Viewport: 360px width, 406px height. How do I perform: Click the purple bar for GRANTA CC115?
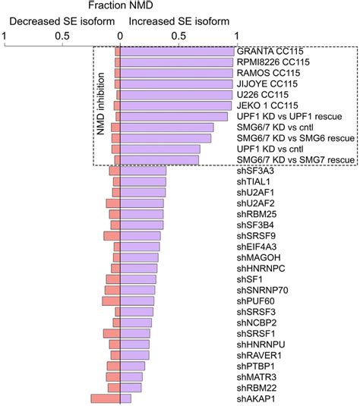coord(177,52)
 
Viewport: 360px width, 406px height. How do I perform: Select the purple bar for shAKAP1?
coord(125,398)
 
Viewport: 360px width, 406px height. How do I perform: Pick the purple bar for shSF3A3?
coord(143,171)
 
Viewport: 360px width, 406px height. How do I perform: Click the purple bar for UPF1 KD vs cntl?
coord(160,149)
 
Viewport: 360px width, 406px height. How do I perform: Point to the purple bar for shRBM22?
coord(131,387)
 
